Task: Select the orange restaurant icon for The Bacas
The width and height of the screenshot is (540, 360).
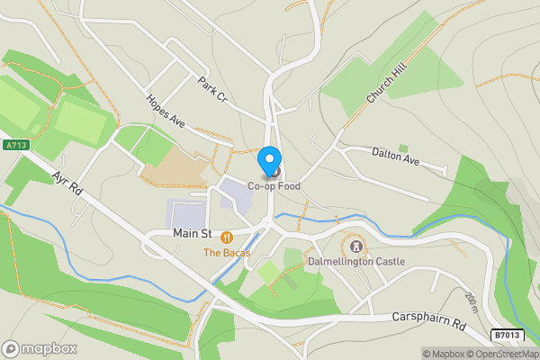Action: coord(225,238)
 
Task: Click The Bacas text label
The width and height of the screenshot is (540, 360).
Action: coord(225,253)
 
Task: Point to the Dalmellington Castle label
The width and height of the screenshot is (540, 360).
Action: coord(356,261)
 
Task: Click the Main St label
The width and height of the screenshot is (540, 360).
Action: coord(191,234)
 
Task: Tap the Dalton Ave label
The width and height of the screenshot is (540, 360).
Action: coord(396,155)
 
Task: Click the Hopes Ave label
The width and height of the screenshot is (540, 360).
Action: coord(166,112)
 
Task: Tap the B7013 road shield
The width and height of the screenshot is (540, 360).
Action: coord(507,336)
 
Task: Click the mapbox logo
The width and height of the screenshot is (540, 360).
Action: coord(40,348)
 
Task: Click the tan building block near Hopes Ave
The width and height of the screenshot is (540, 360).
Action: coord(177,166)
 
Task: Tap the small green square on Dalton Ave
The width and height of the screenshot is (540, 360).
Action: coord(403,148)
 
